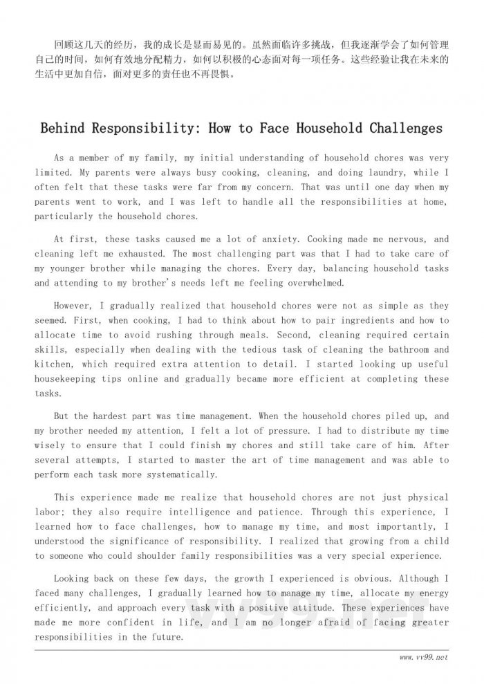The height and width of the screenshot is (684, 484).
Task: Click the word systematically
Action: pyautogui.click(x=179, y=475)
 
